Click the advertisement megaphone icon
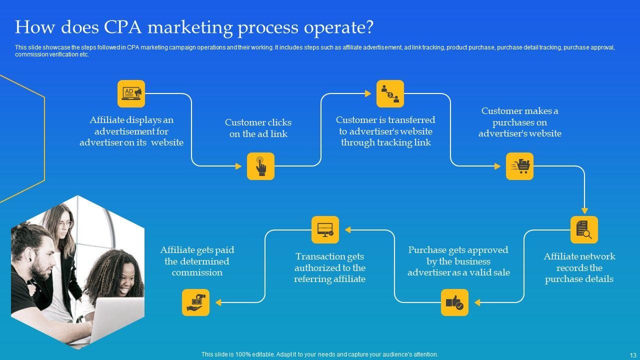click(131, 93)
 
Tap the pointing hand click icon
click(260, 166)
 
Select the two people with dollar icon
click(390, 93)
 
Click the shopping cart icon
click(519, 166)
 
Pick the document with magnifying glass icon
click(584, 229)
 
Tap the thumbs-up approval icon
click(454, 302)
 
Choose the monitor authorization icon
click(325, 229)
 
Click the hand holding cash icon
click(195, 302)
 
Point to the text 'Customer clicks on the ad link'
click(258, 128)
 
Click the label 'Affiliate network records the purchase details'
click(579, 267)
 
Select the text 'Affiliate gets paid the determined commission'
click(197, 261)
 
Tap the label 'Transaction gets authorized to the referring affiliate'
click(329, 267)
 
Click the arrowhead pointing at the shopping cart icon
click(497, 166)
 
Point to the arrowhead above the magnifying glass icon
click(584, 211)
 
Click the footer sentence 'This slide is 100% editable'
click(319, 354)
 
